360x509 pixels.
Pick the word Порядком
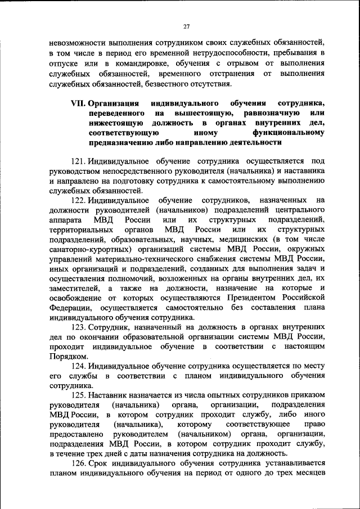68,355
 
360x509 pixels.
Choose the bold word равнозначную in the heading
265,114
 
